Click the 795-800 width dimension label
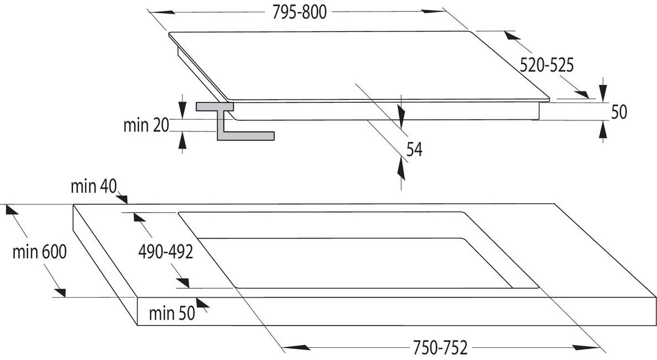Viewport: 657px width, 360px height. click(299, 12)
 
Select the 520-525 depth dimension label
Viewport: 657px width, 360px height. click(546, 65)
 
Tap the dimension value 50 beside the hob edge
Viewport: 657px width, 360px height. click(619, 112)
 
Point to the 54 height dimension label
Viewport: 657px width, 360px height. click(414, 150)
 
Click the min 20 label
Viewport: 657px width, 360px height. click(146, 125)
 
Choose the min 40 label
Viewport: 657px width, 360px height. click(93, 186)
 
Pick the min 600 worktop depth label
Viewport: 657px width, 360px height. click(39, 252)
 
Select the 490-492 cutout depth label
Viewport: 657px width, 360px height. click(166, 252)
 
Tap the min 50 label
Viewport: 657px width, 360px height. click(172, 313)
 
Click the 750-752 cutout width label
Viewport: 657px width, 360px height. click(440, 347)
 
